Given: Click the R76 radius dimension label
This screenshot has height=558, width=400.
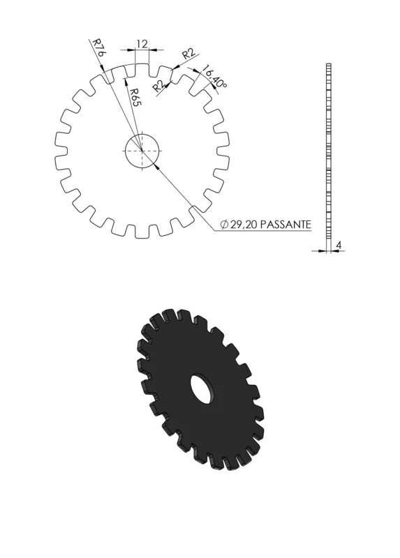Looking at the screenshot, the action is pyautogui.click(x=98, y=47).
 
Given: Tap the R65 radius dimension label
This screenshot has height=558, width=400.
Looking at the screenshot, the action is pyautogui.click(x=135, y=97).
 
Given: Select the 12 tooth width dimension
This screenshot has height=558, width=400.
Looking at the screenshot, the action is pyautogui.click(x=142, y=44).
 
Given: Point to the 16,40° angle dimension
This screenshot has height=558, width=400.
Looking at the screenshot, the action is pyautogui.click(x=215, y=77).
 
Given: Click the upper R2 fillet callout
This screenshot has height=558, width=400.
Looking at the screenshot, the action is pyautogui.click(x=188, y=54).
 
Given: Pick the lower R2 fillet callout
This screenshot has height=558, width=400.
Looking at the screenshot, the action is pyautogui.click(x=160, y=86).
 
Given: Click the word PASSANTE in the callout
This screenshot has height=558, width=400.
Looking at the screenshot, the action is pyautogui.click(x=286, y=225).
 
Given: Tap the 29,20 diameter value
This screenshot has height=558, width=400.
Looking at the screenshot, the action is pyautogui.click(x=244, y=225).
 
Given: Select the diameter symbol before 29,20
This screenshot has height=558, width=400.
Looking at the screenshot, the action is pyautogui.click(x=224, y=225).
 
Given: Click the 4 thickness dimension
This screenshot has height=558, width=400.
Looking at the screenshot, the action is pyautogui.click(x=339, y=246).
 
